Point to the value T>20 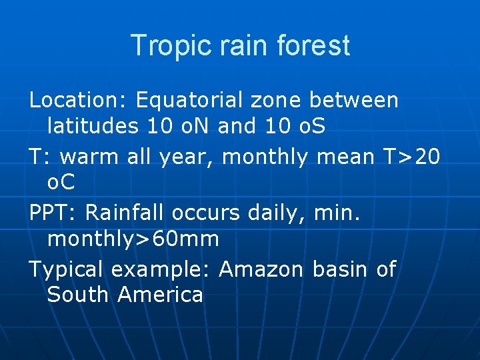click(x=412, y=157)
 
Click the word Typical click(x=67, y=269)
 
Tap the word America click(x=160, y=295)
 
